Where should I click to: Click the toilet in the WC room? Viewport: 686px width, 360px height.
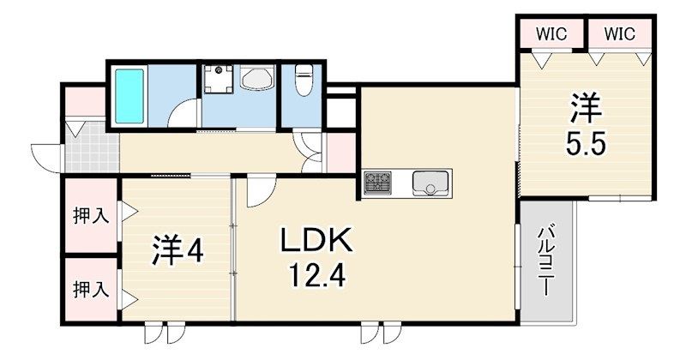coord(304,80)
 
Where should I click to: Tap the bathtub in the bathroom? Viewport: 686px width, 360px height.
coord(129,96)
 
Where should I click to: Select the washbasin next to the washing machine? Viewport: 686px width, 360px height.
coord(256,78)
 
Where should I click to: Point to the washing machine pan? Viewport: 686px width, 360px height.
coord(219,79)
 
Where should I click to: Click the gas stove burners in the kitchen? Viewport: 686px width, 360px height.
coord(377,183)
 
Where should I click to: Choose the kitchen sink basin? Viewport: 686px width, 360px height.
coord(430,183)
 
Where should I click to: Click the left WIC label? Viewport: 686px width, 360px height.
coord(551,33)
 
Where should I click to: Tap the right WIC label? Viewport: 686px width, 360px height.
coord(619,33)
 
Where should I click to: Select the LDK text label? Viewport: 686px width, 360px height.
coord(316,240)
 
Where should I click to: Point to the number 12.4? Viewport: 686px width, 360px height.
coord(316,276)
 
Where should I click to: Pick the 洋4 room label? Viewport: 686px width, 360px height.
coord(178,250)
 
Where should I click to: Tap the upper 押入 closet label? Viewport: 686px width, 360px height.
coord(91,216)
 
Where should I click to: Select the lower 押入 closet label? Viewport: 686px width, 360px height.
coord(91,289)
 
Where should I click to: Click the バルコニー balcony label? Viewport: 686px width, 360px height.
coord(547,261)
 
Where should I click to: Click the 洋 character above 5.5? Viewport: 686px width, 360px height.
coord(587,109)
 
